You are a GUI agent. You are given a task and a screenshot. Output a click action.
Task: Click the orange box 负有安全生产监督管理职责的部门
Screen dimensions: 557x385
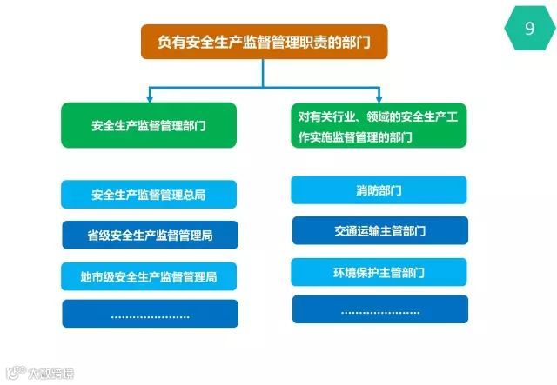[x=264, y=42]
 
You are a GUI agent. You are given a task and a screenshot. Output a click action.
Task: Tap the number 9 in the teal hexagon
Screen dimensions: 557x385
[x=529, y=29]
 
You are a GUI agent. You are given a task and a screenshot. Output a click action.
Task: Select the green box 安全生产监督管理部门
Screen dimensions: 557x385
[x=149, y=125]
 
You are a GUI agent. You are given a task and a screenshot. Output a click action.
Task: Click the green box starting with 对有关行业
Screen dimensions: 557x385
[x=379, y=125]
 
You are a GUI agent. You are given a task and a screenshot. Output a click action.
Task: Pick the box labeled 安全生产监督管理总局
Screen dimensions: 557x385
[x=149, y=194]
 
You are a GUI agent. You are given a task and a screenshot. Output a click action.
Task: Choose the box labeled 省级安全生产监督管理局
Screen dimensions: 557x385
[x=149, y=236]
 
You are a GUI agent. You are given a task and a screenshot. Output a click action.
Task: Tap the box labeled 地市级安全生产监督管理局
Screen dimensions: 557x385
[x=149, y=277]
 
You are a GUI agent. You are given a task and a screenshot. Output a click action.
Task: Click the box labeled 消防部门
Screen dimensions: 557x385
[x=379, y=189]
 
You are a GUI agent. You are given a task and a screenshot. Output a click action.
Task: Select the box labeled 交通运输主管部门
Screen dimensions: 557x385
[x=379, y=231]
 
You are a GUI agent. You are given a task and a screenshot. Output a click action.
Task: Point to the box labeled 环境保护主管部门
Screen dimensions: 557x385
[x=379, y=272]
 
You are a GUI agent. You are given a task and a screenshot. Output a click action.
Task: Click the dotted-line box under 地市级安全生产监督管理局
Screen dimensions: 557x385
[x=149, y=314]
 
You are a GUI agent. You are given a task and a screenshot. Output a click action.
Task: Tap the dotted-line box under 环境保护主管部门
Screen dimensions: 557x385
[x=379, y=309]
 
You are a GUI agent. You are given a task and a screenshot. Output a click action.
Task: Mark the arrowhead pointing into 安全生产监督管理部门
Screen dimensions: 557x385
[x=149, y=97]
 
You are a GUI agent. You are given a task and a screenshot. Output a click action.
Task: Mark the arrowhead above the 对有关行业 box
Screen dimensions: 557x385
[x=379, y=97]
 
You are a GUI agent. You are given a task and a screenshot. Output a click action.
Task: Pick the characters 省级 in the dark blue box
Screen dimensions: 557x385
[x=99, y=236]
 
